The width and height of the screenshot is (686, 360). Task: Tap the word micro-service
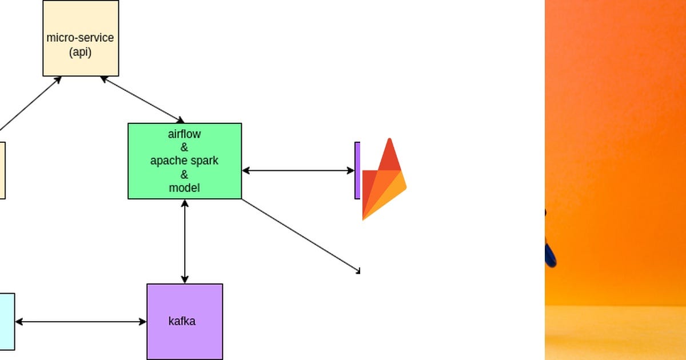coord(80,38)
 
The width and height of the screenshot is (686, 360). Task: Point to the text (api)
coord(80,52)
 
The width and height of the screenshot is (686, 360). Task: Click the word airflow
coord(184,134)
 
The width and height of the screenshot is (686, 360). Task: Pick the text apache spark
coord(184,161)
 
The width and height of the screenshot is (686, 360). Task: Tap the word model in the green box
coord(184,187)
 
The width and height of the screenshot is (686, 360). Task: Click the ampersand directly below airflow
coord(184,147)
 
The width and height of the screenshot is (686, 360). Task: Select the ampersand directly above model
coord(184,174)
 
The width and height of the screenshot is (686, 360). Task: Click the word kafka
coord(182,321)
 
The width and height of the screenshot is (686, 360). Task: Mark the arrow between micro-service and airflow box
coord(142,99)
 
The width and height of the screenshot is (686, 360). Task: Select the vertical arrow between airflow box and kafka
coord(185,241)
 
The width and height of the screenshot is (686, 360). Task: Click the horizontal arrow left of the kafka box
coord(81,322)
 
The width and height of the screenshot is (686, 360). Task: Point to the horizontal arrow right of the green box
coord(298,170)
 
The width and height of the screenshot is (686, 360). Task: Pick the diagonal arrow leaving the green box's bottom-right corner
coord(300,235)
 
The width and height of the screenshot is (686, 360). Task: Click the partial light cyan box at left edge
coord(7,321)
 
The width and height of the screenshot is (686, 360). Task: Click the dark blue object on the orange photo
coord(550,251)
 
